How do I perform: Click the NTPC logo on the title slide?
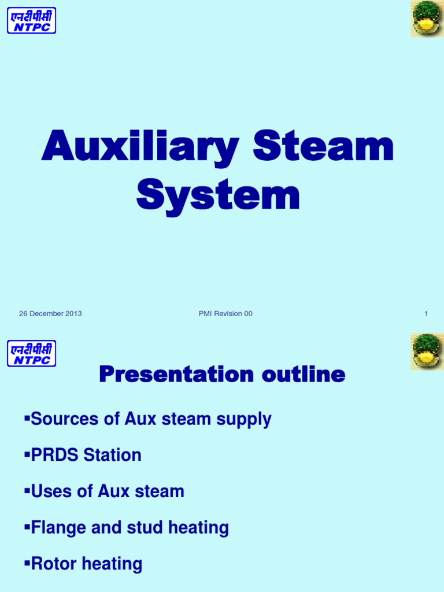pyautogui.click(x=31, y=20)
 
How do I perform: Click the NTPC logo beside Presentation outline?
pyautogui.click(x=31, y=353)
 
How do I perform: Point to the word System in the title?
pyautogui.click(x=218, y=197)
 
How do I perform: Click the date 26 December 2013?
pyautogui.click(x=50, y=314)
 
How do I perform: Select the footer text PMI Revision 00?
pyautogui.click(x=225, y=314)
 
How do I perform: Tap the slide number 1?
pyautogui.click(x=426, y=314)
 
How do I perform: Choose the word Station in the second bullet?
pyautogui.click(x=113, y=456)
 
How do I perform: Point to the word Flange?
pyautogui.click(x=58, y=528)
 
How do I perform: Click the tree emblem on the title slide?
pyautogui.click(x=427, y=18)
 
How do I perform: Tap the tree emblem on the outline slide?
pyautogui.click(x=427, y=351)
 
